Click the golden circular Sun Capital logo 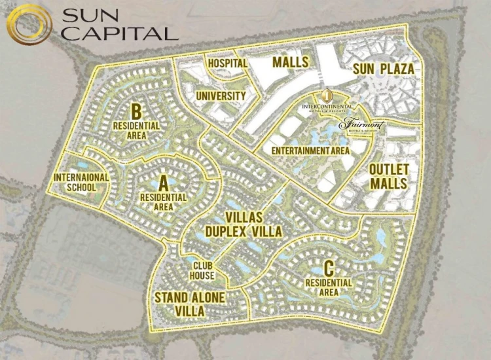pos(29,26)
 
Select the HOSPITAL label pos(227,63)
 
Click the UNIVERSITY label pos(221,96)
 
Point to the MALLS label pos(291,62)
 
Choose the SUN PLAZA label pos(383,69)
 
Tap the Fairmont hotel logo pos(363,125)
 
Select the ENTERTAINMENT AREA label pos(310,150)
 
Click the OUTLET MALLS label pos(389,177)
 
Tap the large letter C pos(329,268)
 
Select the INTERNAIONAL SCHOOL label pos(81,182)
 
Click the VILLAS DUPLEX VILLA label pos(244,225)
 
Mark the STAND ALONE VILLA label pos(190,304)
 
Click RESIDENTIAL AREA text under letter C pos(329,287)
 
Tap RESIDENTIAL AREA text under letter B pos(137,130)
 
